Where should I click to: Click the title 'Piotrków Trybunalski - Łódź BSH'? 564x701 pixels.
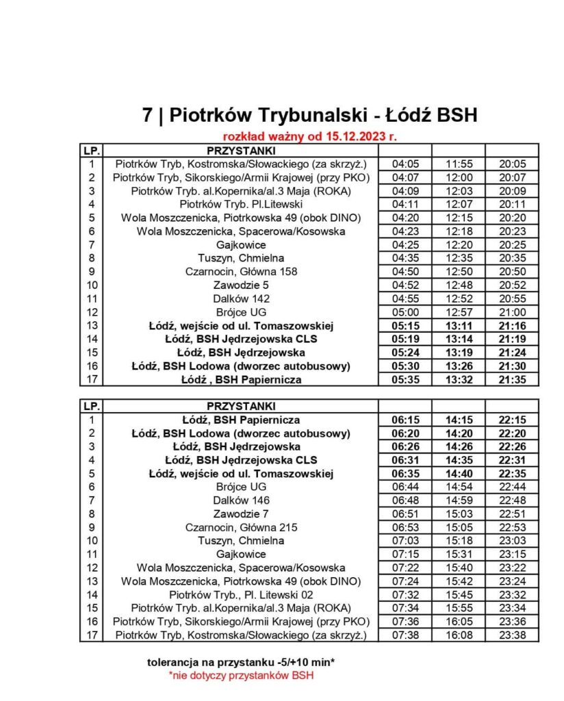pyautogui.click(x=309, y=114)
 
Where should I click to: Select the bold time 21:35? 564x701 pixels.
pyautogui.click(x=512, y=379)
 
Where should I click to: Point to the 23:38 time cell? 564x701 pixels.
pyautogui.click(x=512, y=635)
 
